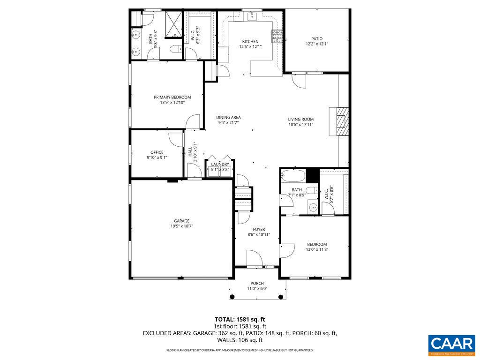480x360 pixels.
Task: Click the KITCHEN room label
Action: [250, 41]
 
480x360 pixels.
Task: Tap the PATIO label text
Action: [317, 39]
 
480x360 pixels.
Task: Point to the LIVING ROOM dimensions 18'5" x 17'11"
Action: [300, 124]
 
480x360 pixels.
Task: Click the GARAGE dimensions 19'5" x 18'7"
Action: [182, 226]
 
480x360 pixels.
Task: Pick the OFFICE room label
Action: [157, 152]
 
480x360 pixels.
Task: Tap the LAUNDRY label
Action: [220, 164]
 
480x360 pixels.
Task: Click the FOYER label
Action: [259, 229]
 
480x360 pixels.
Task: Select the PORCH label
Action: [257, 283]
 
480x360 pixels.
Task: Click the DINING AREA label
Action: [228, 117]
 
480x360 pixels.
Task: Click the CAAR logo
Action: [452, 344]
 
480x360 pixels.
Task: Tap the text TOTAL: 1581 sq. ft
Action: [240, 319]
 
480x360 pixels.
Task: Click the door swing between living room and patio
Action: [298, 81]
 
